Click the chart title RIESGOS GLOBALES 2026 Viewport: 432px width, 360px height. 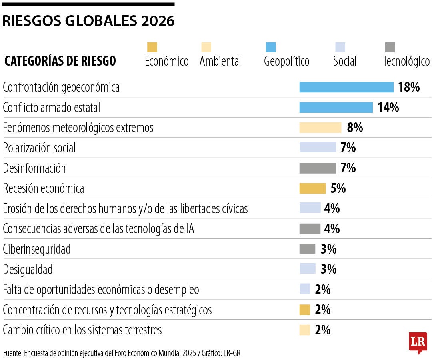tap(88, 21)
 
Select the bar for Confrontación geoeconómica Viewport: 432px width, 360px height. tap(346, 87)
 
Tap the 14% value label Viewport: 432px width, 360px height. tap(388, 108)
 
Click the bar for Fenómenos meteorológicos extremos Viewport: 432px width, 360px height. tap(320, 128)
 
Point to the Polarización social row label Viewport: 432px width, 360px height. tap(39, 148)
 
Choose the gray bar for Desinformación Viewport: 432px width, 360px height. tap(318, 168)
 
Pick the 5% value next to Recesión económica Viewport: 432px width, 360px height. tap(338, 188)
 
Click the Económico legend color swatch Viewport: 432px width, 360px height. tap(152, 47)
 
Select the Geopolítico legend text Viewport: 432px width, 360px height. tap(286, 62)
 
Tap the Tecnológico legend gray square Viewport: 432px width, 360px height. tap(390, 47)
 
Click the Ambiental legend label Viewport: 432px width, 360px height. tap(220, 62)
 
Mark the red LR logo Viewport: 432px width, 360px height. tap(418, 342)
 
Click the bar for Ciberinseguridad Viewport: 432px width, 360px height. tap(307, 249)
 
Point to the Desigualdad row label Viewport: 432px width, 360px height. tap(28, 270)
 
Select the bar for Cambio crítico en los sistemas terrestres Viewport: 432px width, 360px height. tap(304, 330)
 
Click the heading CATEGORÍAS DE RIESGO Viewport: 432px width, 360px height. tap(60, 61)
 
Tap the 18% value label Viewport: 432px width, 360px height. tap(409, 87)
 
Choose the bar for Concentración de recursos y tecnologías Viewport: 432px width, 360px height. tap(304, 310)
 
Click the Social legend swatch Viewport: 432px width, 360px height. tap(340, 47)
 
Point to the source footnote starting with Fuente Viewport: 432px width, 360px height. tap(122, 353)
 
